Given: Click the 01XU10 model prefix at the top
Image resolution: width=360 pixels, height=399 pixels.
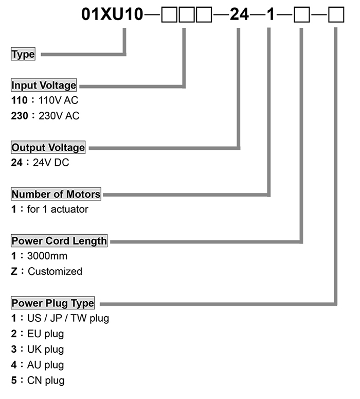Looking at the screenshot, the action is tap(112, 14).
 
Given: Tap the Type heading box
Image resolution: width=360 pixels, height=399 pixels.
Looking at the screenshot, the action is tap(23, 54).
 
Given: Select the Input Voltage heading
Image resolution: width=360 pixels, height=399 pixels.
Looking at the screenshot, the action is tap(44, 85).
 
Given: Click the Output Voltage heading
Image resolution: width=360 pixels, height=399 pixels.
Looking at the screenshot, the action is tap(48, 147).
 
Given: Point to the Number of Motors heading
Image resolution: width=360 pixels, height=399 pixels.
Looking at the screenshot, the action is tap(56, 194).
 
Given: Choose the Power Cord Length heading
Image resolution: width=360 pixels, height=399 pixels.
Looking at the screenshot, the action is tap(59, 240).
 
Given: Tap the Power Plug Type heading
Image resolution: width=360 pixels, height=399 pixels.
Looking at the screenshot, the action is tap(52, 303).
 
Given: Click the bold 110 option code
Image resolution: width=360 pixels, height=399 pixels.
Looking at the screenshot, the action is tap(20, 100).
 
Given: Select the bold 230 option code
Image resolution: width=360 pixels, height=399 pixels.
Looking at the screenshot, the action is tap(20, 116).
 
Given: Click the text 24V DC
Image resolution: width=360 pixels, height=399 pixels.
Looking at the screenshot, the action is tap(51, 162).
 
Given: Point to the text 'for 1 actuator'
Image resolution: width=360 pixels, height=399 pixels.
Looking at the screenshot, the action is tap(58, 209).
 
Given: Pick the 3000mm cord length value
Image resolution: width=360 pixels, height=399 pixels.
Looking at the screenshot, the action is tap(47, 256).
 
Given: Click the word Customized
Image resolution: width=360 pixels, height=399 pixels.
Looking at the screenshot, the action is tap(55, 271).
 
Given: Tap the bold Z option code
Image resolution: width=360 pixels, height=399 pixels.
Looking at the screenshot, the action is tap(14, 271).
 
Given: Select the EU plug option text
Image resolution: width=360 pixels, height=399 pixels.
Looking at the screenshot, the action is tap(45, 334).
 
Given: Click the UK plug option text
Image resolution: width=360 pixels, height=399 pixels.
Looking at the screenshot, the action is tap(45, 350).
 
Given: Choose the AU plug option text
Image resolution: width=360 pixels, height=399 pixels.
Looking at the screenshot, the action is tap(45, 365).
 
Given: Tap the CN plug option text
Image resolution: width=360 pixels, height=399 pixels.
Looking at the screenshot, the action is tap(46, 380).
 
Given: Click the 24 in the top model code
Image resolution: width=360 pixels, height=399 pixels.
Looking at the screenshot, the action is tap(239, 14).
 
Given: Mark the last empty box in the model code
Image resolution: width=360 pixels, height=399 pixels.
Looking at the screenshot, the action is tap(336, 15).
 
